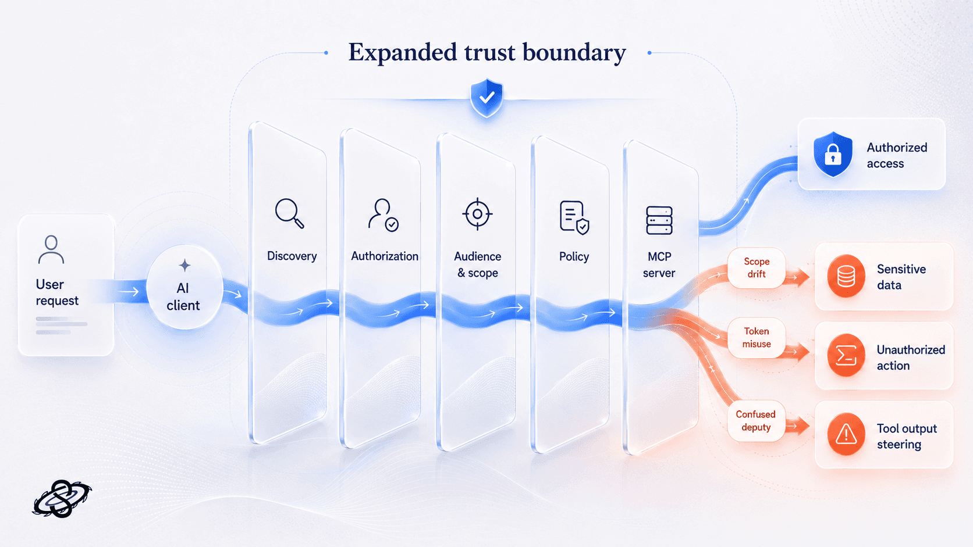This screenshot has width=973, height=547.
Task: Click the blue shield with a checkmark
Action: (486, 98)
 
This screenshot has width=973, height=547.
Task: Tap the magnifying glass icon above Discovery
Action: (289, 213)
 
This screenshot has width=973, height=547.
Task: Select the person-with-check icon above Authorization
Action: (383, 215)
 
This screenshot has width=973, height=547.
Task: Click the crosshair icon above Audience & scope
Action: (477, 214)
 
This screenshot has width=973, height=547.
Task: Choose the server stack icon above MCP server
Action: (659, 220)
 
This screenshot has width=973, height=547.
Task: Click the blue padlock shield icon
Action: (833, 155)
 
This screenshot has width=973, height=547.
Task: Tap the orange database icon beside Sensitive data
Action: (846, 276)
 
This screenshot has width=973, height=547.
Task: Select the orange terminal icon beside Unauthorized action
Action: (846, 355)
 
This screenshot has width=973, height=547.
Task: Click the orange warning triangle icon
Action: (846, 434)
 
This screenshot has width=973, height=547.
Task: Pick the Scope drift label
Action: (757, 267)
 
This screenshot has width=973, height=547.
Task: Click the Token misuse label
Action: (757, 338)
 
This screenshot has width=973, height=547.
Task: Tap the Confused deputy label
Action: (756, 421)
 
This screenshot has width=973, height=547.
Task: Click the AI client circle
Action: (184, 287)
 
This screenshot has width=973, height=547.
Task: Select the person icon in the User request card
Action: (51, 249)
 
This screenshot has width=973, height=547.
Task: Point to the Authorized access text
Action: (897, 155)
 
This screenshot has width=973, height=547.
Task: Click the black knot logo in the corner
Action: (62, 499)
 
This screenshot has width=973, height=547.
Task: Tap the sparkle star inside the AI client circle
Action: (184, 266)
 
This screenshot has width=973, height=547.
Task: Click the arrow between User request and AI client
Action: (129, 292)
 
